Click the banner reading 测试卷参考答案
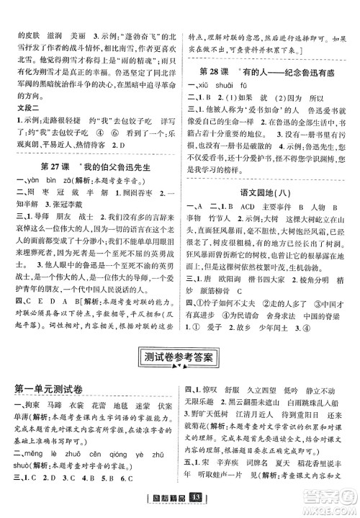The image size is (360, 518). tap(180, 357)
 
